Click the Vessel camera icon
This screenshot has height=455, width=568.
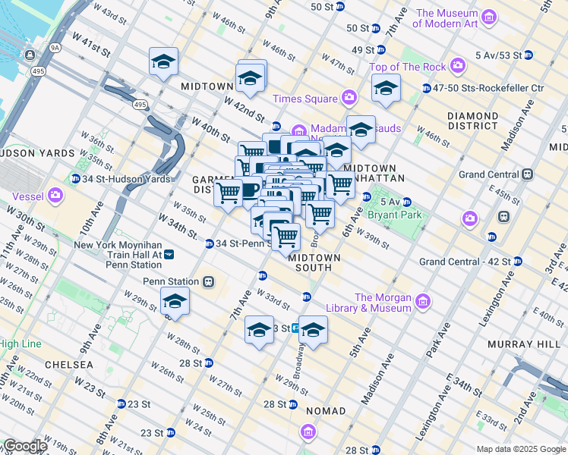[55, 196]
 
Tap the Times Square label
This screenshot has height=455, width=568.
[304, 99]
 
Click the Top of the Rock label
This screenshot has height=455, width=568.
[407, 67]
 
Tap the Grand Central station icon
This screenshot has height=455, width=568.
[525, 174]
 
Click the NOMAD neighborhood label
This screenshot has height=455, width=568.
[325, 411]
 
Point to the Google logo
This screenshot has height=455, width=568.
[24, 447]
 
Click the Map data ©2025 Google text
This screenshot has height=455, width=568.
[521, 449]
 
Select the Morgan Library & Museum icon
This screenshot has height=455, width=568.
[423, 303]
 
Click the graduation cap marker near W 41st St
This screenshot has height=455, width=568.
[163, 62]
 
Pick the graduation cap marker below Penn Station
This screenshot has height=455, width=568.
[175, 302]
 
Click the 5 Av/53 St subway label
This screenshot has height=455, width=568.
[498, 55]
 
